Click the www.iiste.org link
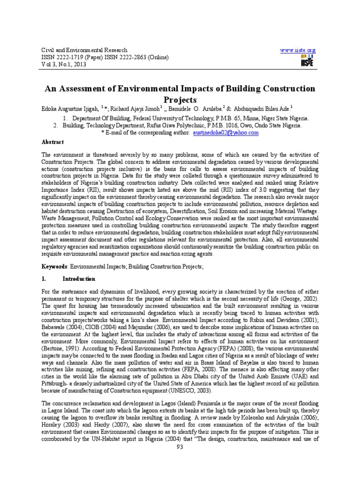[x=298, y=50]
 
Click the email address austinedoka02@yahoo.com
[x=226, y=133]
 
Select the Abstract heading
[x=53, y=142]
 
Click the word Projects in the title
[x=180, y=100]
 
